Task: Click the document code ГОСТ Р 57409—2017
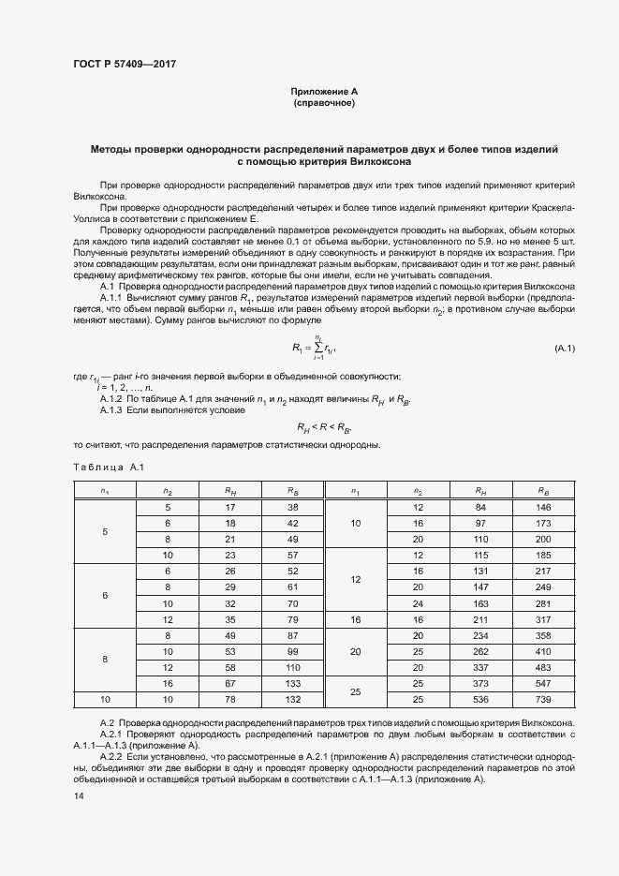click(x=124, y=64)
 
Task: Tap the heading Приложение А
click(x=324, y=92)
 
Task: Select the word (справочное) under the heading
click(x=324, y=103)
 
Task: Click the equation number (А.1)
click(x=564, y=349)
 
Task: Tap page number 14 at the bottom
click(x=78, y=796)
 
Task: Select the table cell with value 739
click(x=543, y=699)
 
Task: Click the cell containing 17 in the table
click(x=229, y=507)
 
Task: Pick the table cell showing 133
click(x=292, y=685)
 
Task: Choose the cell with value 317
click(x=543, y=619)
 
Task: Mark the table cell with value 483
click(x=543, y=667)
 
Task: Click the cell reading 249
click(x=543, y=586)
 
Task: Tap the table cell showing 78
click(x=229, y=699)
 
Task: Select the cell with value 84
click(x=480, y=507)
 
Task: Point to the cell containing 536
click(x=480, y=699)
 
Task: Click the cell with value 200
click(x=543, y=540)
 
